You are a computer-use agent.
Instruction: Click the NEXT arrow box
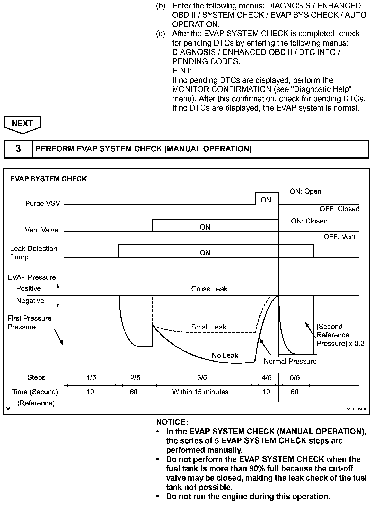pos(22,124)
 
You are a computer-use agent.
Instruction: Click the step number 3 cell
pos(18,149)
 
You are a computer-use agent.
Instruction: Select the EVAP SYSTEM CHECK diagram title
pos(48,179)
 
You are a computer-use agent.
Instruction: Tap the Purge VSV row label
pos(42,204)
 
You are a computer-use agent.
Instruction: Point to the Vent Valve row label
pos(41,230)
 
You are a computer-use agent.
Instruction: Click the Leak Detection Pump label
pos(33,253)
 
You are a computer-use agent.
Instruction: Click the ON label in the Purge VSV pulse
pos(266,200)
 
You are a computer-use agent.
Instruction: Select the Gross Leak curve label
pos(209,289)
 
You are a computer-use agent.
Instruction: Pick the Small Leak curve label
pos(208,327)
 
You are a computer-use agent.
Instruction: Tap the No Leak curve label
pos(225,355)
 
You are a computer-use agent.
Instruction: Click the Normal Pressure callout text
pos(290,362)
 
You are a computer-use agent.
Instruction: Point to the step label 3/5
pos(202,377)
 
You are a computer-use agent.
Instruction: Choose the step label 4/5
pos(266,377)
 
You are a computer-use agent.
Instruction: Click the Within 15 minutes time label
pos(200,392)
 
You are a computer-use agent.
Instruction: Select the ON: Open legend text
pos(305,191)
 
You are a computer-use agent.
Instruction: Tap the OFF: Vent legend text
pos(339,237)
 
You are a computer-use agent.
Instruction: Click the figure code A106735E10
pos(357,409)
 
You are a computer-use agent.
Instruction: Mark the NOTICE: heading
pos(172,422)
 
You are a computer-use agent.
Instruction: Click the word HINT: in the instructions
pos(182,71)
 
